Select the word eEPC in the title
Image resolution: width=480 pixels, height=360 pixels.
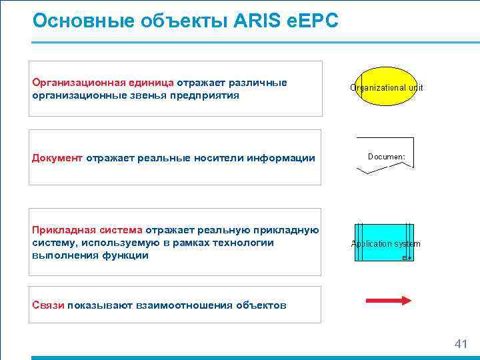tap(313, 21)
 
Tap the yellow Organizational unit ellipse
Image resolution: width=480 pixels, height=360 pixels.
tap(386, 87)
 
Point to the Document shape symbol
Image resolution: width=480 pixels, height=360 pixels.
tap(385, 155)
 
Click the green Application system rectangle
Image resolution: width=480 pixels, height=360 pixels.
tap(385, 243)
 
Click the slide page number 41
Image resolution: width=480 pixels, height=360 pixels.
tap(460, 344)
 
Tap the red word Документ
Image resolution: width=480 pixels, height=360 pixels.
tap(57, 158)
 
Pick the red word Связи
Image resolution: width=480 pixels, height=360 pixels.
tap(48, 305)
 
